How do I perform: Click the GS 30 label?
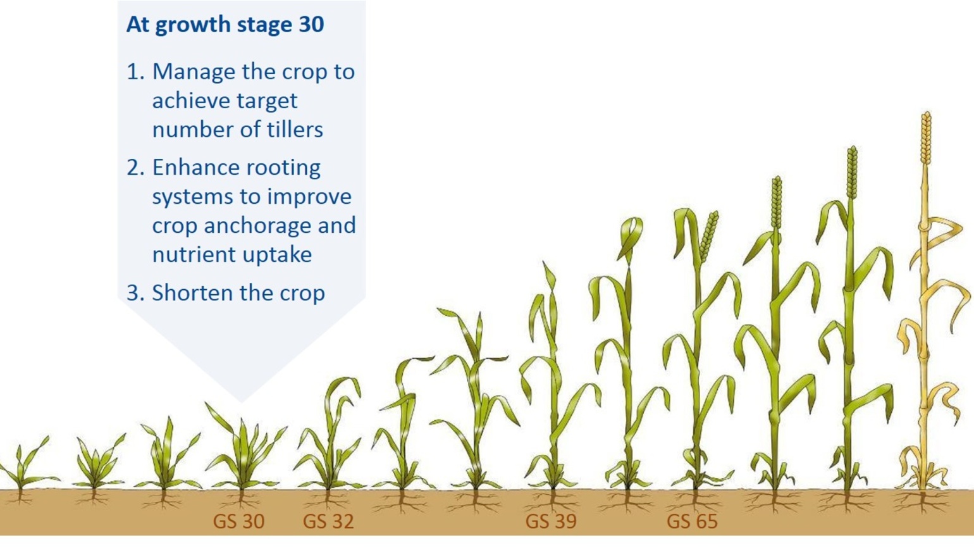(238, 521)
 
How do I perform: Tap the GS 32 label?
(328, 521)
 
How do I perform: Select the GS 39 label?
(551, 521)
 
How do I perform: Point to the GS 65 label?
(692, 521)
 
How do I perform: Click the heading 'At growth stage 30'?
(225, 24)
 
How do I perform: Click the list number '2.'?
(135, 168)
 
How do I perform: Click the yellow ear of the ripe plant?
(926, 139)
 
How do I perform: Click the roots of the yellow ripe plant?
(922, 502)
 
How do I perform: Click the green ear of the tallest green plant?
(853, 172)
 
